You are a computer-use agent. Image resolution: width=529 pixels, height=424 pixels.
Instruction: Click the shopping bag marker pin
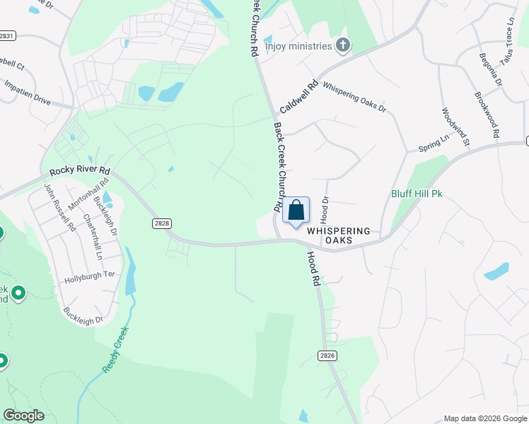[x=296, y=211]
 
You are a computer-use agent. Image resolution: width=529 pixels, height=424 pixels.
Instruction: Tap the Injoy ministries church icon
[x=343, y=46]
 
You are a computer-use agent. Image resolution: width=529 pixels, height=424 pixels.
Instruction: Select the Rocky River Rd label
[x=80, y=171]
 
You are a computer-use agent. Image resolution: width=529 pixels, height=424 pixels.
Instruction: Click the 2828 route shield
[x=161, y=223]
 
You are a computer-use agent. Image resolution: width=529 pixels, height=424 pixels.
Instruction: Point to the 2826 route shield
[x=327, y=355]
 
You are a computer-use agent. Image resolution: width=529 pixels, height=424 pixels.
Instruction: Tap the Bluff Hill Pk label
[x=417, y=194]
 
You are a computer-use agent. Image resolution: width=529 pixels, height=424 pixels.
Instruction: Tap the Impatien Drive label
[x=28, y=92]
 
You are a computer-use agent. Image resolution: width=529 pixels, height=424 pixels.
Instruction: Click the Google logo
[x=23, y=416]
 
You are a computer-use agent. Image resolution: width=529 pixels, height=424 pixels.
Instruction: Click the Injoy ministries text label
[x=298, y=46]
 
